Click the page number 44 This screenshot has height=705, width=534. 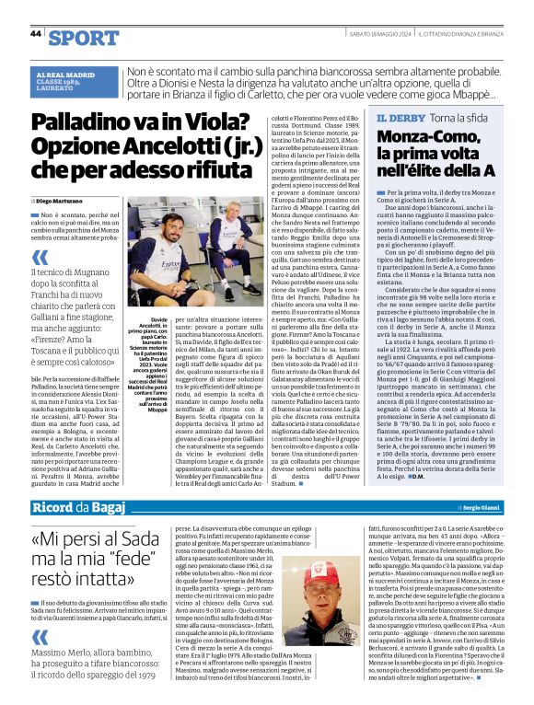tap(35, 34)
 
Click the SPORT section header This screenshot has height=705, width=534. tap(84, 38)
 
